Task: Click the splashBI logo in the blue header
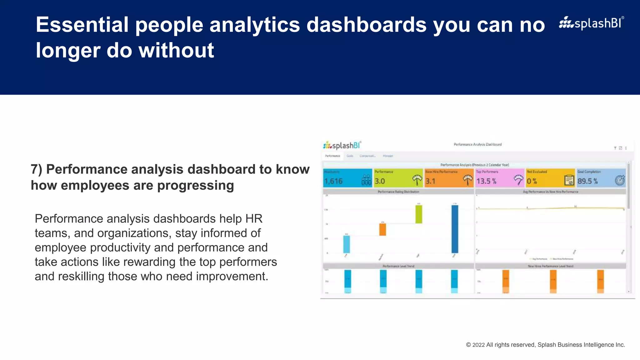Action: point(591,23)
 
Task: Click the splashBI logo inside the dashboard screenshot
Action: point(342,146)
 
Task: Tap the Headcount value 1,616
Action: point(333,181)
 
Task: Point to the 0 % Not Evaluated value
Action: point(532,181)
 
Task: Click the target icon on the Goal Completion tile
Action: point(620,180)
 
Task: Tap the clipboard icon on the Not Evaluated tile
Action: point(569,180)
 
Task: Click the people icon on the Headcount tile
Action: point(366,180)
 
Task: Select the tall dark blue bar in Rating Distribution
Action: point(455,229)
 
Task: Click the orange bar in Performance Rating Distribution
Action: point(382,229)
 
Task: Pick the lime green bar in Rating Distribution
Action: point(419,214)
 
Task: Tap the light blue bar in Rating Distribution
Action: point(347,244)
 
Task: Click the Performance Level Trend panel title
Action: point(398,266)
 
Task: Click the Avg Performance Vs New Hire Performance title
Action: point(551,192)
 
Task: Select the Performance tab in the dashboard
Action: point(332,156)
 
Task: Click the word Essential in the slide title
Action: point(82,25)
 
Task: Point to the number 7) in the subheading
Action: point(37,169)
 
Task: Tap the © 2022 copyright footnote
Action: point(545,345)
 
